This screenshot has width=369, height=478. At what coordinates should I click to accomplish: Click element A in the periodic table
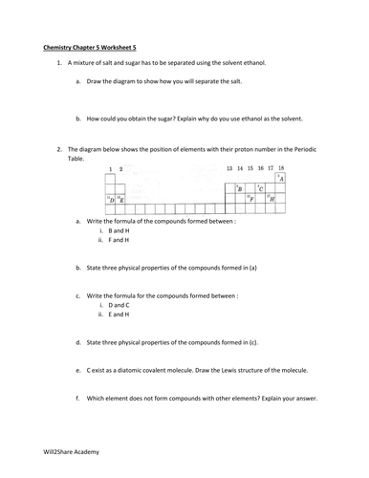pyautogui.click(x=281, y=179)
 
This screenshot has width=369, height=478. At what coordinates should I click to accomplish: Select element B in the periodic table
pyautogui.click(x=238, y=189)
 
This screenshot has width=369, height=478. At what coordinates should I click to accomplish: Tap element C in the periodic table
pyautogui.click(x=260, y=189)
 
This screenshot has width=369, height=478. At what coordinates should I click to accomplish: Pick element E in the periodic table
pyautogui.click(x=120, y=200)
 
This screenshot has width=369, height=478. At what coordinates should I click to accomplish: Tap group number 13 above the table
pyautogui.click(x=229, y=168)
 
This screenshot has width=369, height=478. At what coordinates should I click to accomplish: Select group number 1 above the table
pyautogui.click(x=110, y=168)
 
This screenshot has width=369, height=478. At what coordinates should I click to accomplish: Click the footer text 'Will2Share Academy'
pyautogui.click(x=67, y=451)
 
